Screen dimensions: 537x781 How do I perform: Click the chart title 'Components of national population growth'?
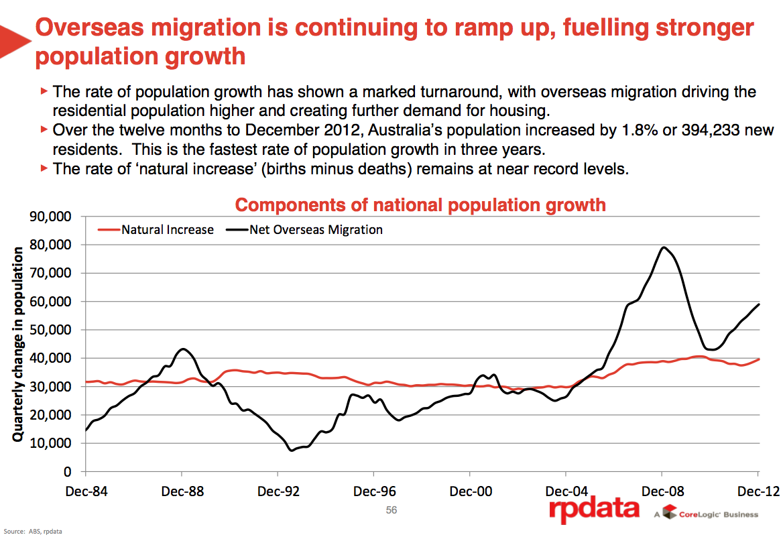tap(420, 204)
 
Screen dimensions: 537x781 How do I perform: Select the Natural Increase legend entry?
tap(167, 230)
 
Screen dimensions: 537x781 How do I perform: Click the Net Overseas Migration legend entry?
tap(316, 230)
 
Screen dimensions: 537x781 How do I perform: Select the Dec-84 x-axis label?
tap(87, 491)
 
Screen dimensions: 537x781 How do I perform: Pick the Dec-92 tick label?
tap(279, 491)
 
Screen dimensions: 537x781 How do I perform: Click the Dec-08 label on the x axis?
tap(662, 491)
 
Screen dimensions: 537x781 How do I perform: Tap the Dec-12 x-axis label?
tap(758, 491)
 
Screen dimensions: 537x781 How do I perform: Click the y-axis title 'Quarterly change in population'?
tap(18, 344)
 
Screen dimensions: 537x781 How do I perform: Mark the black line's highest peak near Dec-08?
tap(663, 247)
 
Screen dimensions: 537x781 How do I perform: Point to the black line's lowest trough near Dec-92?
tap(292, 450)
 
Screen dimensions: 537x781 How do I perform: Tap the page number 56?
tap(392, 510)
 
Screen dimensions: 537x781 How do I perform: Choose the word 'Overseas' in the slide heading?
tap(97, 28)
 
